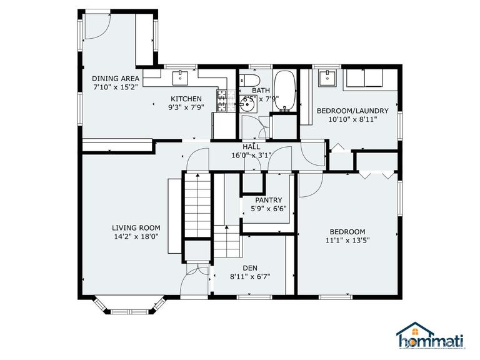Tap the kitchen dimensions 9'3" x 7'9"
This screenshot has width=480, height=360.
tap(186, 107)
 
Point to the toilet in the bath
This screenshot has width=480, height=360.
tap(250, 80)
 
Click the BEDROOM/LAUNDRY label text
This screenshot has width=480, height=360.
tap(352, 111)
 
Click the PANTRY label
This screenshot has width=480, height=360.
tap(269, 200)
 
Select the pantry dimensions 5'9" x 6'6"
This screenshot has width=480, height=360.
tap(269, 209)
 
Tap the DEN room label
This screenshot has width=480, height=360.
tap(250, 267)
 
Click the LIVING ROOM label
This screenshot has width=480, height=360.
tap(136, 227)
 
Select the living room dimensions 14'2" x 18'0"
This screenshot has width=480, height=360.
tap(136, 237)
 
